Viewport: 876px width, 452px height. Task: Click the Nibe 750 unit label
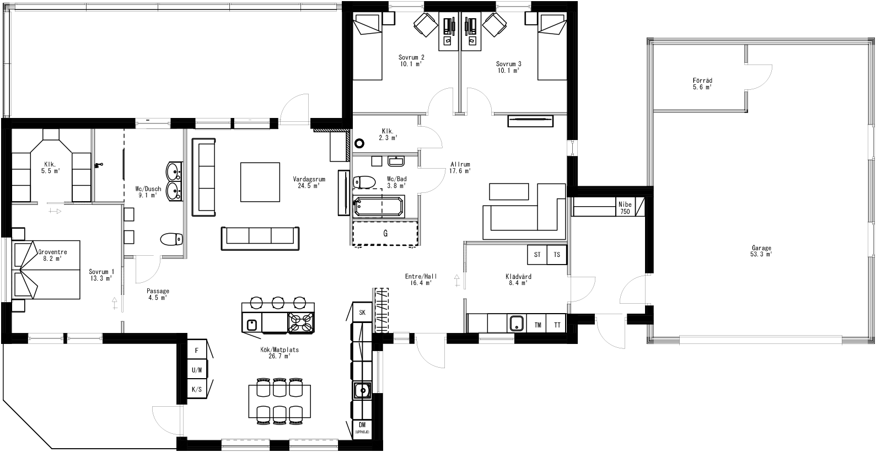coord(625,207)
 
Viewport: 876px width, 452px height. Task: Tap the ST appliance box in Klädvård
coord(536,255)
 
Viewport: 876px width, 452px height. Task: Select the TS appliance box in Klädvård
coord(557,255)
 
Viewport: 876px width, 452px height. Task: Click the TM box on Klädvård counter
coord(538,325)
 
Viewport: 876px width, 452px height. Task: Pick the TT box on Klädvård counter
coord(557,325)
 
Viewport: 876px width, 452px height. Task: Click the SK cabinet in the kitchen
coord(362,313)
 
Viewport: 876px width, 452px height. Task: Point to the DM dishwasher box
coord(362,427)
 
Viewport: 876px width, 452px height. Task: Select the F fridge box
coord(196,350)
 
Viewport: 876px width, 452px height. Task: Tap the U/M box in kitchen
coord(196,370)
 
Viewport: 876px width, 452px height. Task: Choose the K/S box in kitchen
coord(196,389)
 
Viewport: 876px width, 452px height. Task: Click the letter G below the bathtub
coord(385,234)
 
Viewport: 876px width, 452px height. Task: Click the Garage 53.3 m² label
coord(761,251)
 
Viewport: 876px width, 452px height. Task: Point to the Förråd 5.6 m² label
coord(702,83)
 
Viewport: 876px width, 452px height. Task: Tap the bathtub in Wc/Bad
coord(378,207)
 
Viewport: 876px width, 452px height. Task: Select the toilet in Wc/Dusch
coord(171,239)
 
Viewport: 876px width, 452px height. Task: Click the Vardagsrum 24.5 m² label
coord(309,182)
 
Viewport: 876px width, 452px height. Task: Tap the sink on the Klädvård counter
coord(517,323)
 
